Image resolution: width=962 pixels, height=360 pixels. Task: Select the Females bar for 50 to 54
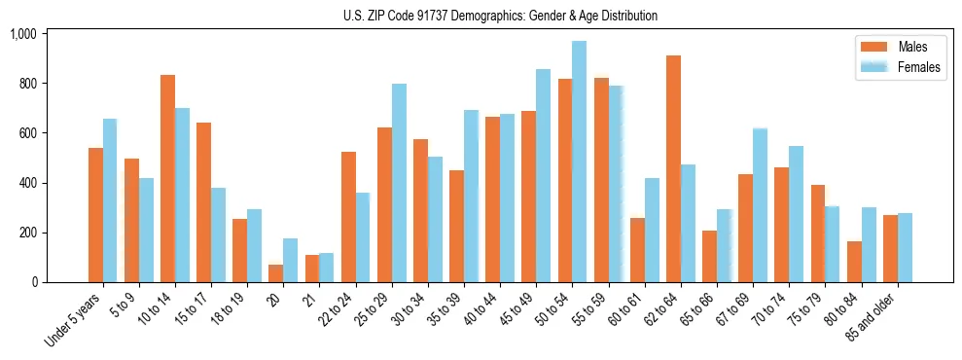click(579, 162)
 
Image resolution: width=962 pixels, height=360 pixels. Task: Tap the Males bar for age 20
click(276, 273)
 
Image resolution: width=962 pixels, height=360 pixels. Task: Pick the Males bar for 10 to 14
click(167, 179)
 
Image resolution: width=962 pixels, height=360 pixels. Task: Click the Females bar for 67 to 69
click(760, 205)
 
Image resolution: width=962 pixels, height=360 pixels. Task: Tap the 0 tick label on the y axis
click(33, 282)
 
